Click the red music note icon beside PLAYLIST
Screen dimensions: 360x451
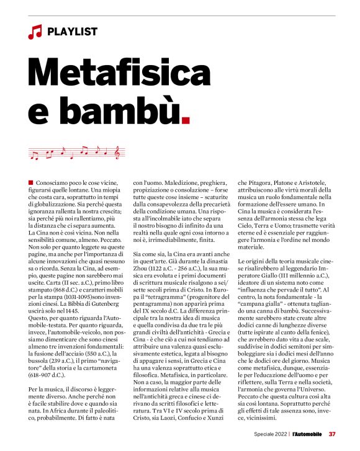pos(35,32)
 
